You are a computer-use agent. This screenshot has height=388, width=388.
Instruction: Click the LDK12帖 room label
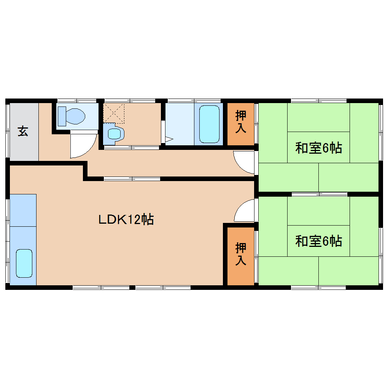[x=126, y=219]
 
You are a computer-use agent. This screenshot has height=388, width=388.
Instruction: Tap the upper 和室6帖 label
[x=318, y=148]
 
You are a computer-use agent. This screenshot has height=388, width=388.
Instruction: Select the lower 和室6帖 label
[x=318, y=241]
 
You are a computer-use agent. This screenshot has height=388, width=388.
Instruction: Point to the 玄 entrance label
[x=23, y=131]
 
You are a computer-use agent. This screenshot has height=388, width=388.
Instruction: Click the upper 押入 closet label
[x=241, y=122]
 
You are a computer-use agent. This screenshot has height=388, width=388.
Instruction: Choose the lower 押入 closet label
[x=241, y=254]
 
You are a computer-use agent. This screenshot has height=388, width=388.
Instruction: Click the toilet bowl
[x=75, y=116]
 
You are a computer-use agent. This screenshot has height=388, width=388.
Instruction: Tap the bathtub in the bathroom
[x=209, y=124]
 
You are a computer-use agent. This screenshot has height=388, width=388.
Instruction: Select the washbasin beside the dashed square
[x=114, y=134]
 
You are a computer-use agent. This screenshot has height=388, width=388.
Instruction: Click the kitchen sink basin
[x=24, y=263]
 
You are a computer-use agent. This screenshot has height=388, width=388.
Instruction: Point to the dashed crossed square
[x=114, y=113]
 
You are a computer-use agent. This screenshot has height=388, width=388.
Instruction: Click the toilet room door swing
[x=83, y=146]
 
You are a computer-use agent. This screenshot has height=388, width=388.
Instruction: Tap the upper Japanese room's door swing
[x=243, y=162]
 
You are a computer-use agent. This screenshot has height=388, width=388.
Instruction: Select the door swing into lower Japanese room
[x=244, y=211]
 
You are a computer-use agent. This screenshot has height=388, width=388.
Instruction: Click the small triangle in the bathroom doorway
[x=169, y=139]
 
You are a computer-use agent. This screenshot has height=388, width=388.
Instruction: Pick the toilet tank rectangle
[x=62, y=116]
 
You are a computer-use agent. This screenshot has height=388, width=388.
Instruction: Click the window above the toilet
[x=77, y=101]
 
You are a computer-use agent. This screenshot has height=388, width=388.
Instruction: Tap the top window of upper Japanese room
[x=319, y=101]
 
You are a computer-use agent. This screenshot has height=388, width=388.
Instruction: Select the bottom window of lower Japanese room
[x=318, y=288]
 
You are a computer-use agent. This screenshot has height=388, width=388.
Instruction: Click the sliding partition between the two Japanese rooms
[x=320, y=194]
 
